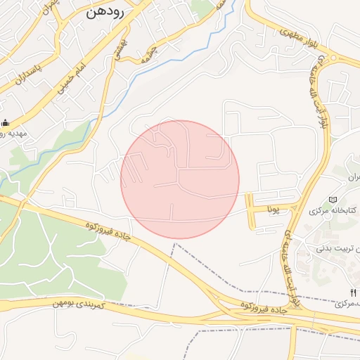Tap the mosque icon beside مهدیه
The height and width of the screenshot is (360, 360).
(x=6, y=122)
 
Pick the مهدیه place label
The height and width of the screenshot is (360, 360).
(x=11, y=133)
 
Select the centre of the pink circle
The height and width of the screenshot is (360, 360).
(x=180, y=179)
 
